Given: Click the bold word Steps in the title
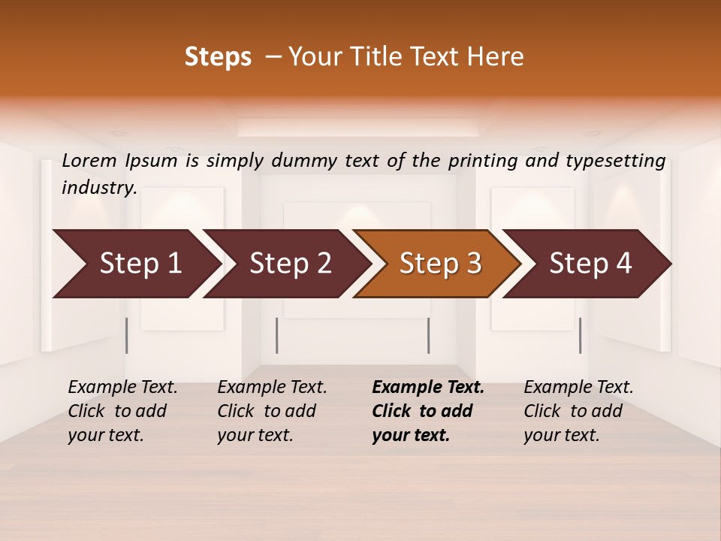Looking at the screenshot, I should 218,57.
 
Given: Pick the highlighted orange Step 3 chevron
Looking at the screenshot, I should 440,264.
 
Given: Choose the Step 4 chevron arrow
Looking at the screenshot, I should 590,264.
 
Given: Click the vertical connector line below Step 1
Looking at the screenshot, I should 127,335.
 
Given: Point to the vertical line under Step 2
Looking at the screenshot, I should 277,335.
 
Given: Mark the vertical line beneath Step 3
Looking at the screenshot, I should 428,335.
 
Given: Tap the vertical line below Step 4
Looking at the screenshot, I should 580,335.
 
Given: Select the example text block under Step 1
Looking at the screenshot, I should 122,410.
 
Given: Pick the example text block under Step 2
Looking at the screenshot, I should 272,410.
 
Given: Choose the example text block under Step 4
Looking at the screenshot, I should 578,410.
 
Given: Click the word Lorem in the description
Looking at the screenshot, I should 89,160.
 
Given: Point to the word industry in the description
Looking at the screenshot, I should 99,188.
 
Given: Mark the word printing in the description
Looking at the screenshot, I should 481,161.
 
